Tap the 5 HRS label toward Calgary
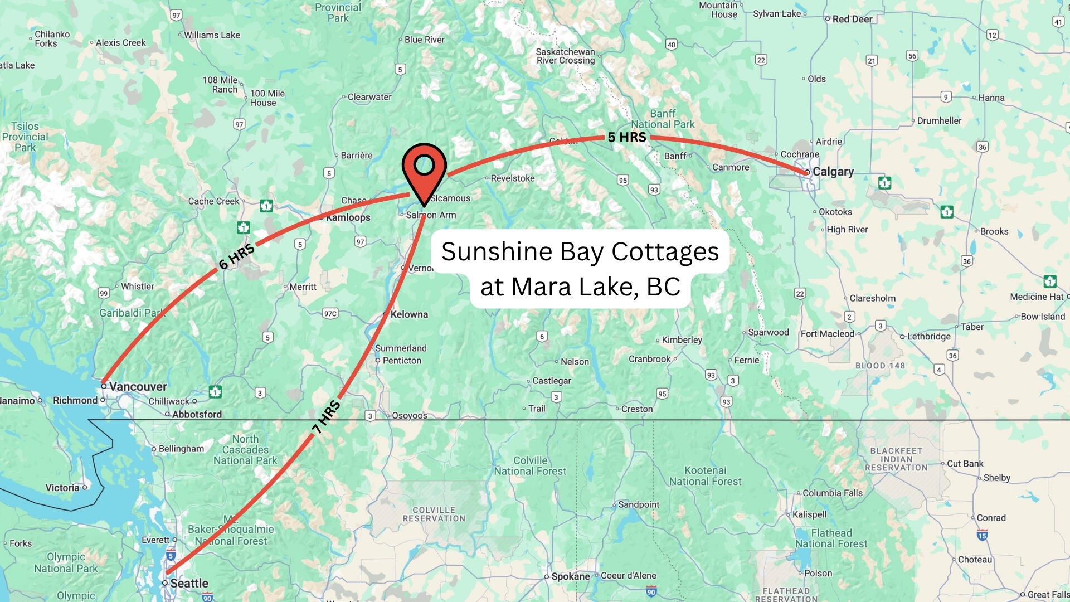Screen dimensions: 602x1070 pyautogui.click(x=627, y=137)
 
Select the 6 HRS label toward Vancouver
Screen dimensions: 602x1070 pyautogui.click(x=237, y=256)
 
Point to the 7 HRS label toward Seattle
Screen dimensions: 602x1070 pyautogui.click(x=327, y=417)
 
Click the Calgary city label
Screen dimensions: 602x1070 pyautogui.click(x=833, y=172)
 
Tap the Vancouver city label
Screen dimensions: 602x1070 pyautogui.click(x=138, y=386)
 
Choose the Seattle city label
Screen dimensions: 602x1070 pyautogui.click(x=189, y=583)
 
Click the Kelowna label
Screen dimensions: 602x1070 pyautogui.click(x=409, y=314)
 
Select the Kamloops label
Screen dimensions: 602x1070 pyautogui.click(x=348, y=217)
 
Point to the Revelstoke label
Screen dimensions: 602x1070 pyautogui.click(x=513, y=178)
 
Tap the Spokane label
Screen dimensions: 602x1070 pyautogui.click(x=570, y=576)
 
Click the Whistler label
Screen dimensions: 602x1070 pyautogui.click(x=138, y=287)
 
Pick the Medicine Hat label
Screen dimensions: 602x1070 pyautogui.click(x=1037, y=297)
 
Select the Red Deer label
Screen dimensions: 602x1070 pyautogui.click(x=852, y=19)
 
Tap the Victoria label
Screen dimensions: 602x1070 pyautogui.click(x=62, y=488)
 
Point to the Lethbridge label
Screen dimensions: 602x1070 pyautogui.click(x=928, y=337)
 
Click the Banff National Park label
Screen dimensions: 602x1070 pyautogui.click(x=663, y=119)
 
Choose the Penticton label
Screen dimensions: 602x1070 pyautogui.click(x=402, y=361)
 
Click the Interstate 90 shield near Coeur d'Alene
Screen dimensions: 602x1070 pyautogui.click(x=651, y=591)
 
